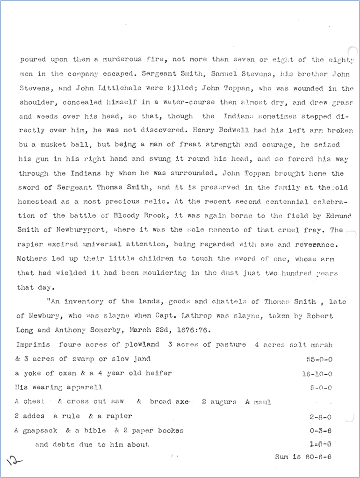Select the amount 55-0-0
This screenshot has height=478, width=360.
coord(317,359)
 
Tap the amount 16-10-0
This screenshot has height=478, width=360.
coord(317,374)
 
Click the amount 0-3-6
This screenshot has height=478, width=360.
coord(320,430)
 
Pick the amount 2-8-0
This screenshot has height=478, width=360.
coord(320,416)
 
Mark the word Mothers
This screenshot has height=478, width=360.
coord(33,259)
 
